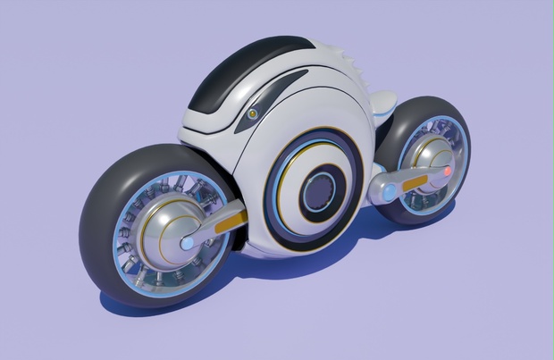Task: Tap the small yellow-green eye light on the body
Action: click(253, 114)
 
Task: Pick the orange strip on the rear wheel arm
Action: click(415, 183)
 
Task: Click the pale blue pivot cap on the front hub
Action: click(188, 242)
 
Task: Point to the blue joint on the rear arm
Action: click(389, 191)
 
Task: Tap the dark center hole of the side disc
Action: click(319, 191)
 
